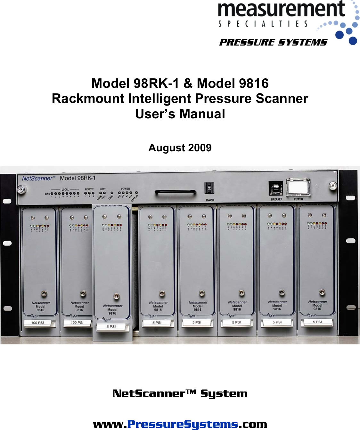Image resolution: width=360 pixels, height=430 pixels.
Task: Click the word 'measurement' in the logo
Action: [281, 10]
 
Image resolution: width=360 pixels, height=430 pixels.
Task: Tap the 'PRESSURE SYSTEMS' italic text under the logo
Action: [273, 42]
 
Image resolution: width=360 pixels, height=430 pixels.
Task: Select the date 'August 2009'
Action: [180, 148]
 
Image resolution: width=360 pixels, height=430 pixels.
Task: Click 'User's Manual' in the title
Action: [180, 114]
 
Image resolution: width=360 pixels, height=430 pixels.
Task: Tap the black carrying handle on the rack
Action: [175, 192]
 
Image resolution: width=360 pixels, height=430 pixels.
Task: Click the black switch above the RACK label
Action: [209, 188]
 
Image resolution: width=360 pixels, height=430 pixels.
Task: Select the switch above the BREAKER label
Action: [275, 188]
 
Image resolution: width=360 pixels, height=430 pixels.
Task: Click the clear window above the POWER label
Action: [298, 187]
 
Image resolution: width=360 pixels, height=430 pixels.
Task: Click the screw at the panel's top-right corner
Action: [333, 185]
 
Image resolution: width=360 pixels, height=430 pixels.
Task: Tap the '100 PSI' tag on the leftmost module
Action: [38, 323]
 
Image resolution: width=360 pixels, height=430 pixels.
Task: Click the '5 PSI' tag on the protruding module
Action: [111, 327]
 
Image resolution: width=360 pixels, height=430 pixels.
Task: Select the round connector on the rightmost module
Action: [322, 292]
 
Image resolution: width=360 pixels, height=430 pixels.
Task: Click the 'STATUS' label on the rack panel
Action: [135, 198]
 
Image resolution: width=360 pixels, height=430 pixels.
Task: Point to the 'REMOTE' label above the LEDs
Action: [89, 189]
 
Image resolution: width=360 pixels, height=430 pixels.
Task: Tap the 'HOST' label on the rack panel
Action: [102, 189]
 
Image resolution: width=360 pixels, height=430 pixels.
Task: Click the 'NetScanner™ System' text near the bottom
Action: [180, 393]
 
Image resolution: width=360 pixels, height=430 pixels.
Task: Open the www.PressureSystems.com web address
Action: [180, 424]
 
